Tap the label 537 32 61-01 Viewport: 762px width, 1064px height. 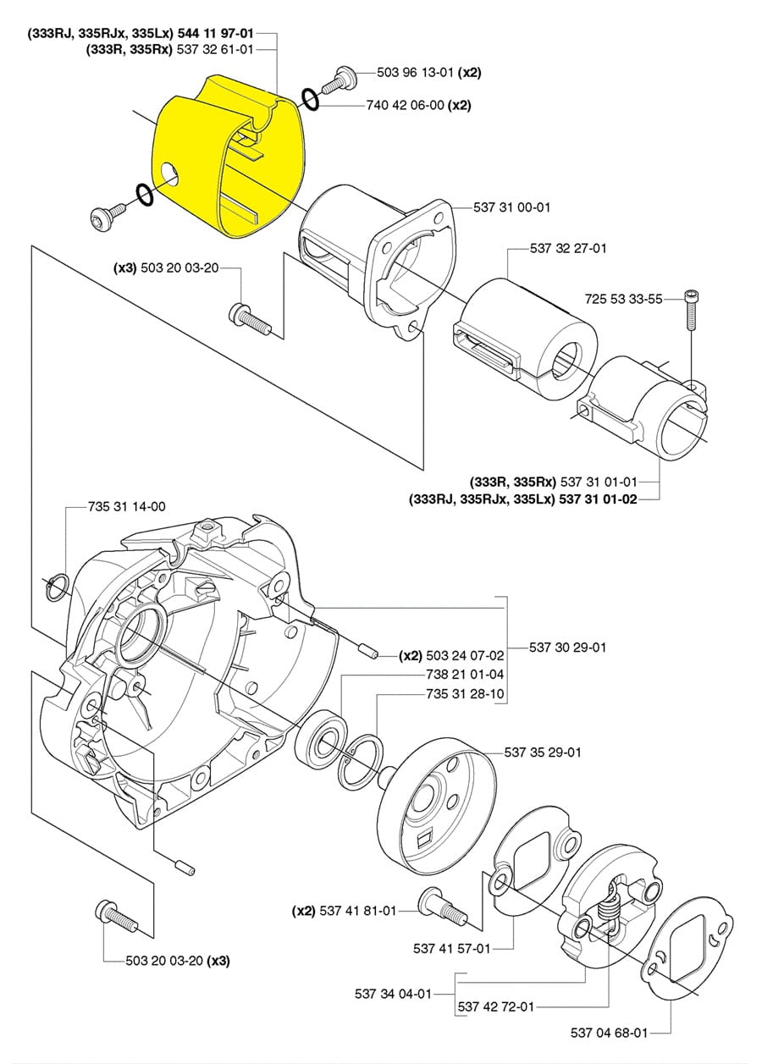215,49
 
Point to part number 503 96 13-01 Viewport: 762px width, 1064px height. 415,73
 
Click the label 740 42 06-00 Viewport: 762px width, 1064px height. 405,105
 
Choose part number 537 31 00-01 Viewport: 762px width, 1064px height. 511,207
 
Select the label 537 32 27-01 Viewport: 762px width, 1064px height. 568,248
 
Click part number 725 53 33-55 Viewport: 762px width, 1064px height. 623,300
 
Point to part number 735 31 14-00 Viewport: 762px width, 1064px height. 127,507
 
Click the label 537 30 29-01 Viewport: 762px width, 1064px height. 568,648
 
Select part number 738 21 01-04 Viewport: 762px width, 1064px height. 465,675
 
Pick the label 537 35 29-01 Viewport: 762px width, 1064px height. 543,753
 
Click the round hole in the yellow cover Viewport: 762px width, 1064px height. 170,175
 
